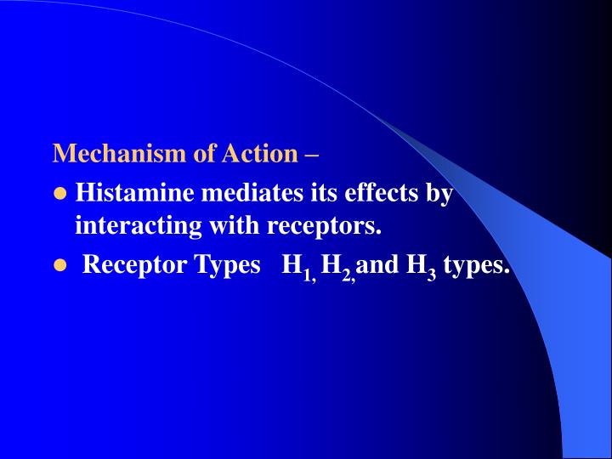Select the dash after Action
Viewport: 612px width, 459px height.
point(312,155)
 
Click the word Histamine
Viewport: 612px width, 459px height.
point(133,194)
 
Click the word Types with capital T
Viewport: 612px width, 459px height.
point(227,266)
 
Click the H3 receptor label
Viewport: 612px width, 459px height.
point(422,267)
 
